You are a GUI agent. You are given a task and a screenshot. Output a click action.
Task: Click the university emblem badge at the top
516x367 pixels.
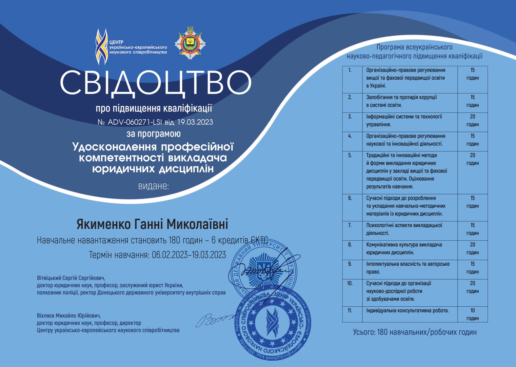(190, 43)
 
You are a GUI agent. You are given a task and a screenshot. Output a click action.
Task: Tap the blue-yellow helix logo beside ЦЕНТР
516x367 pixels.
(101, 47)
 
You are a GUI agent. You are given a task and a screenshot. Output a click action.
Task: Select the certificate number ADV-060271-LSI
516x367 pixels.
(134, 122)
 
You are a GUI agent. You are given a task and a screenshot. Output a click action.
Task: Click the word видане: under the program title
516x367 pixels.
(153, 186)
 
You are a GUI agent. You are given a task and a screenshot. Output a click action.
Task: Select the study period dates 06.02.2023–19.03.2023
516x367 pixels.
(189, 255)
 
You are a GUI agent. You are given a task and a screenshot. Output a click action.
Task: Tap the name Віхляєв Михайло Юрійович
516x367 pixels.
(69, 316)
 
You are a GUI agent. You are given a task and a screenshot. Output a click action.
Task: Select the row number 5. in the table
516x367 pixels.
(350, 155)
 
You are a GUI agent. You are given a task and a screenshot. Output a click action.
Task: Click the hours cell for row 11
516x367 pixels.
(472, 314)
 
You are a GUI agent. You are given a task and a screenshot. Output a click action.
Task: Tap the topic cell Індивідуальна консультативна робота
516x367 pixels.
(407, 310)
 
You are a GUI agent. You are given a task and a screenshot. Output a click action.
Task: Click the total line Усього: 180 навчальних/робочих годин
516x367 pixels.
(415, 332)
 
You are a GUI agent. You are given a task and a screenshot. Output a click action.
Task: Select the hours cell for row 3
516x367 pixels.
(472, 120)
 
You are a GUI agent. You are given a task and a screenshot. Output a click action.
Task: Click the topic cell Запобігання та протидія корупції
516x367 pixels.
(401, 101)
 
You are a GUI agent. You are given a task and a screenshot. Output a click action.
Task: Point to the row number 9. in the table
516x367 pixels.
(350, 264)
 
